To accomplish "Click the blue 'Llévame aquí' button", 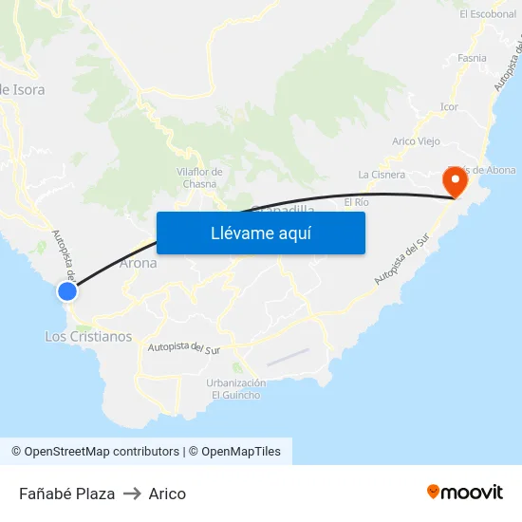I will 260,233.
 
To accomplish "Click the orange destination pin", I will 456,180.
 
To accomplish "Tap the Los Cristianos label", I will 88,337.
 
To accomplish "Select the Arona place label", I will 139,263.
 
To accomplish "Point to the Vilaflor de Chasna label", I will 199,177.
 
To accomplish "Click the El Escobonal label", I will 488,14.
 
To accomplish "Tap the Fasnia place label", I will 472,58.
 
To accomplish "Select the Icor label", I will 449,107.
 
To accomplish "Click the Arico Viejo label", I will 416,141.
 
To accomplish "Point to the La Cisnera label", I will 382,175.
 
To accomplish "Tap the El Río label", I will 356,202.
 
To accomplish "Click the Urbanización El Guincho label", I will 235,389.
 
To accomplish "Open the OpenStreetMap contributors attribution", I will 95,452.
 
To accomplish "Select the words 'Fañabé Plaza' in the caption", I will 66,494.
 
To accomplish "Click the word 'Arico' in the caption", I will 167,494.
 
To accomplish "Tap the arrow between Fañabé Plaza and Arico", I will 132,494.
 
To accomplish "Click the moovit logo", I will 465,493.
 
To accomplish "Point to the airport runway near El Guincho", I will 288,357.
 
